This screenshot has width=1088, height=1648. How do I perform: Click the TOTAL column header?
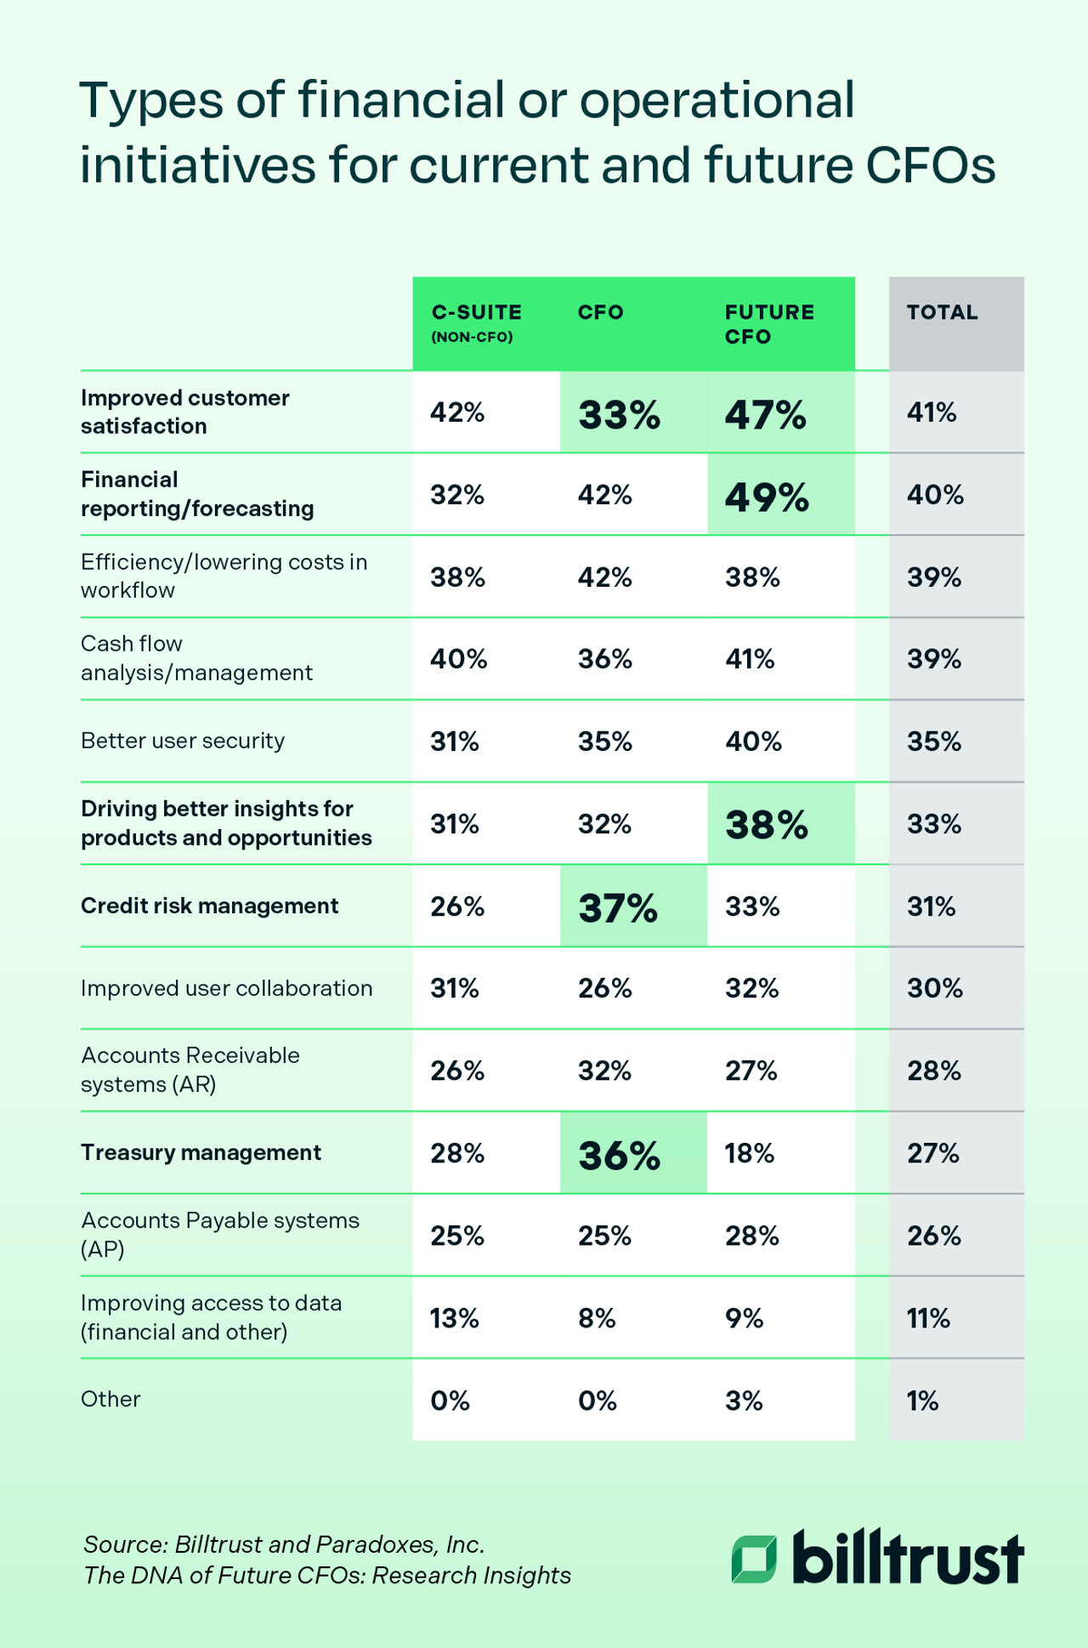click(x=942, y=312)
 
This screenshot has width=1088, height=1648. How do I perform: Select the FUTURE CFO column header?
click(x=768, y=324)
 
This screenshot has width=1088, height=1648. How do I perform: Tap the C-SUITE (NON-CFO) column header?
click(x=476, y=323)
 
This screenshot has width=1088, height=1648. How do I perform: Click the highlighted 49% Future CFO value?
click(x=766, y=497)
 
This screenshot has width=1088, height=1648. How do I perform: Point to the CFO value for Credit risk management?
click(x=618, y=907)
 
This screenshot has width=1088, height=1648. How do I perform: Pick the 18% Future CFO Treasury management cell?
click(x=749, y=1153)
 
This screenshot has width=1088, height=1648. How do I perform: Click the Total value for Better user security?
click(x=933, y=742)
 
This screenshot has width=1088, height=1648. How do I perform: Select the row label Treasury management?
click(x=201, y=1152)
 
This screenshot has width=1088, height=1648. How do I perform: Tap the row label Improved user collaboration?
click(x=226, y=988)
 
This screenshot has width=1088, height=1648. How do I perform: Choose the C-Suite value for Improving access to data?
click(x=455, y=1318)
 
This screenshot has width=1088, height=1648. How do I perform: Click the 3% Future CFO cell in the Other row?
click(x=744, y=1401)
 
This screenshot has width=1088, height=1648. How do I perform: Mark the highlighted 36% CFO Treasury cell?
click(x=619, y=1155)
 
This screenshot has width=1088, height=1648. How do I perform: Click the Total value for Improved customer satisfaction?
click(x=932, y=412)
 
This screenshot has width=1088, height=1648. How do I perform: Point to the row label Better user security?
click(x=182, y=741)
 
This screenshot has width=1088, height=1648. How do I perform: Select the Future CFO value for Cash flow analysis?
click(x=749, y=659)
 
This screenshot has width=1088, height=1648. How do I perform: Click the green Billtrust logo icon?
click(x=754, y=1559)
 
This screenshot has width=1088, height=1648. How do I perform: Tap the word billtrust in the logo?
click(x=907, y=1558)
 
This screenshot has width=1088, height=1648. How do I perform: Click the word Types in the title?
click(x=152, y=100)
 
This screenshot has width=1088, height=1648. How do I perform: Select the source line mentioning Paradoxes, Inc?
click(x=284, y=1543)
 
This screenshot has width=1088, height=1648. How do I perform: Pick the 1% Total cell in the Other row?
click(x=922, y=1401)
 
